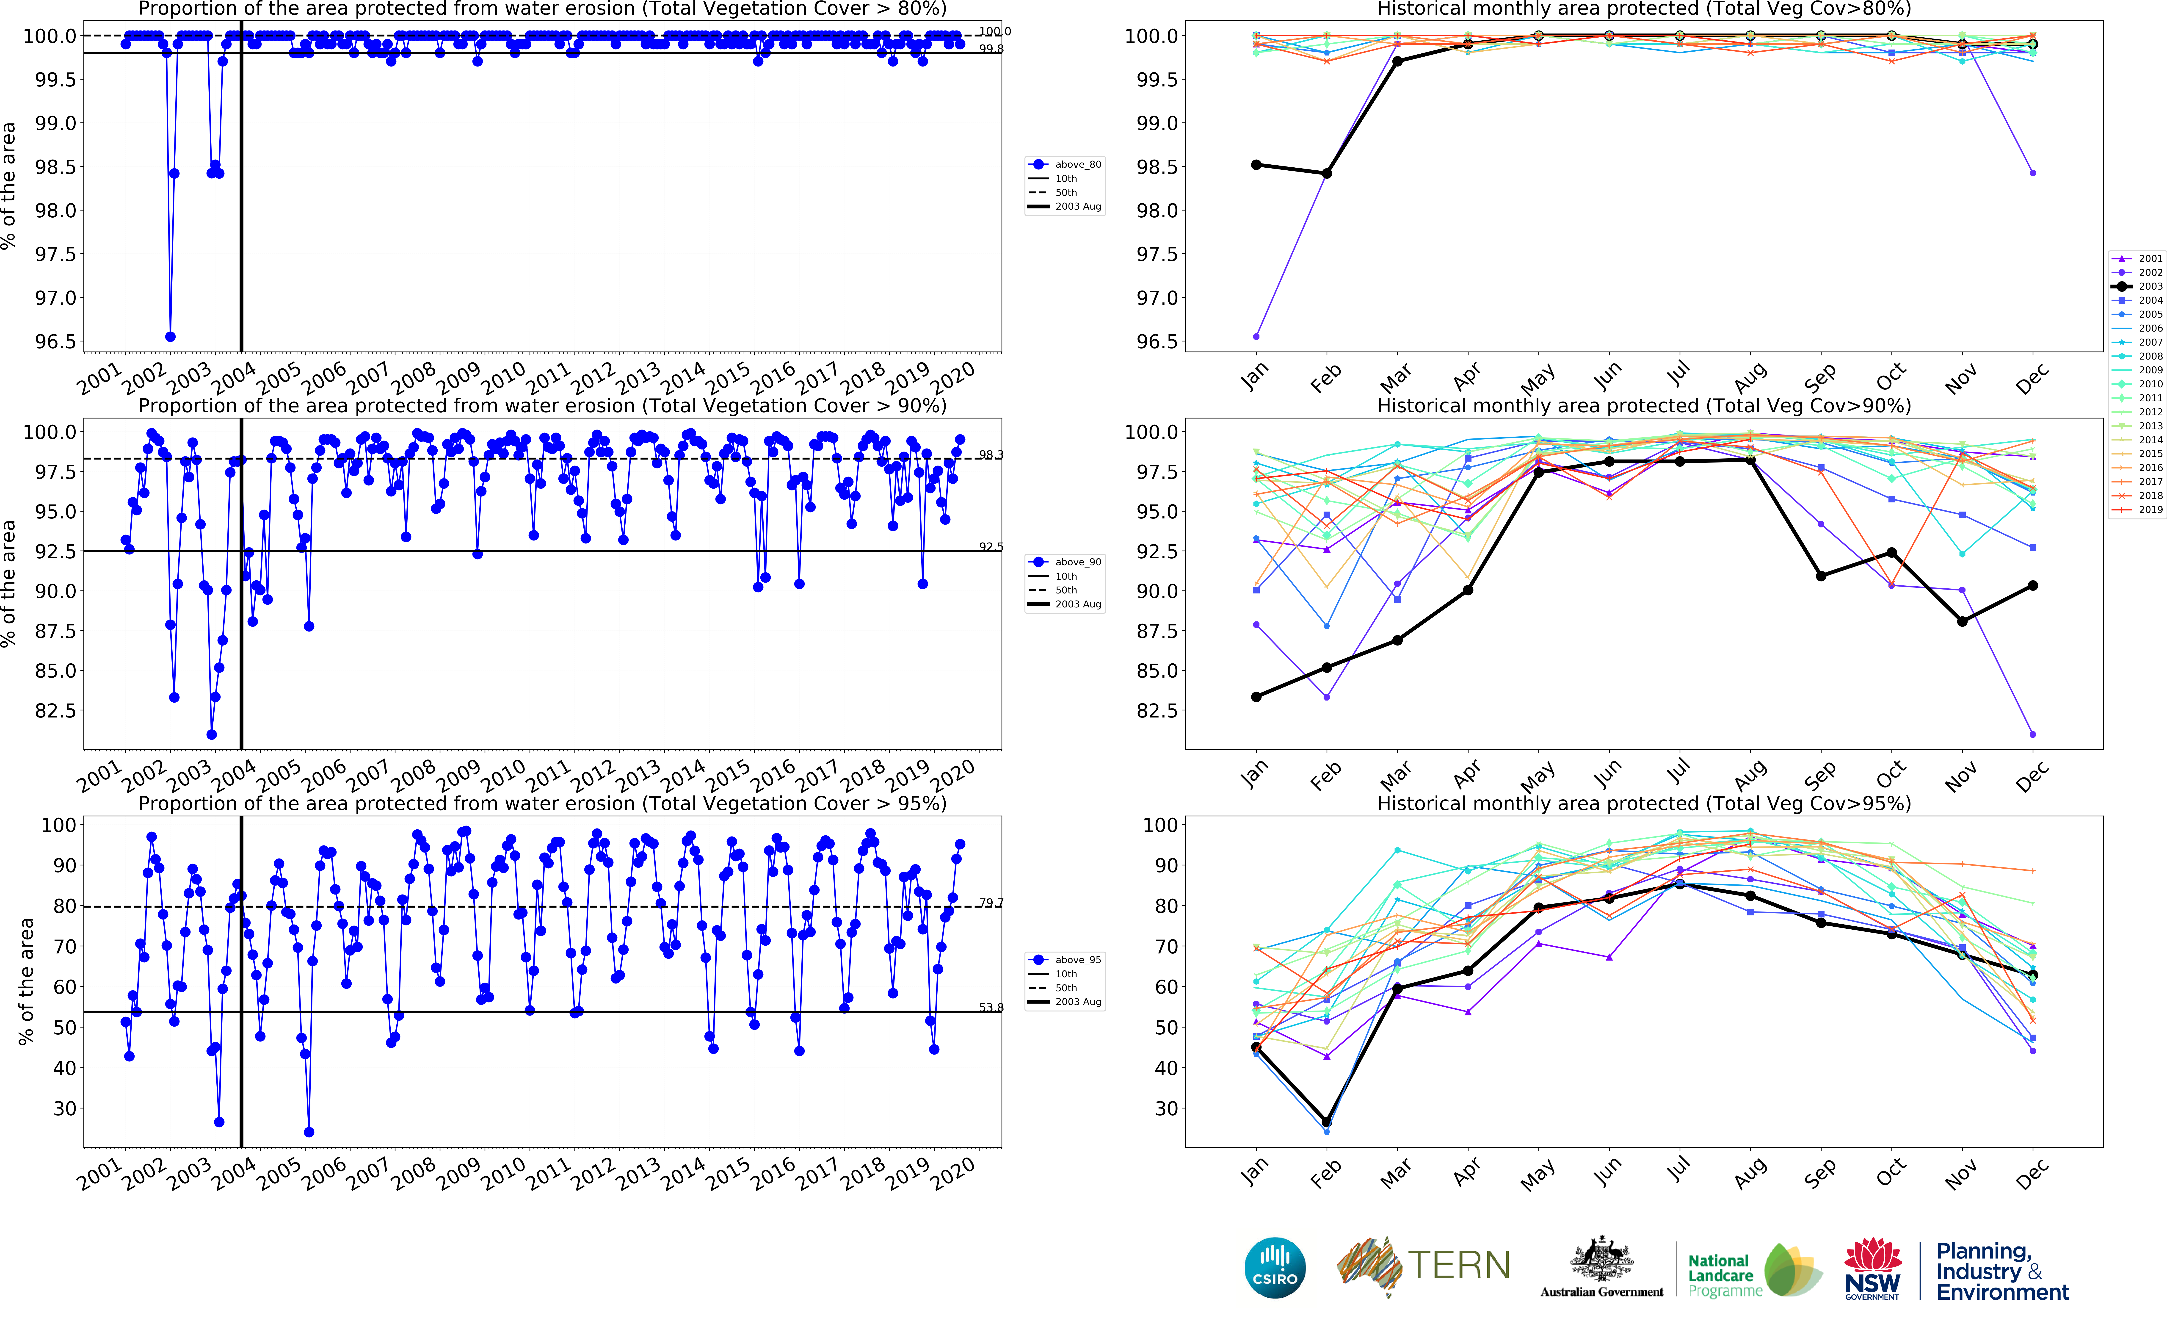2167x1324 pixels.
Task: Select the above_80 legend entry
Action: (1065, 164)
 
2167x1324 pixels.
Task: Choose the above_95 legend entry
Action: (1065, 960)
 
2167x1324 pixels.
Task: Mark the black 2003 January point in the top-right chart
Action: (1256, 164)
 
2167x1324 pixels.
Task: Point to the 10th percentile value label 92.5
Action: (990, 546)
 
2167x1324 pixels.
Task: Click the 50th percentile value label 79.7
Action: (990, 903)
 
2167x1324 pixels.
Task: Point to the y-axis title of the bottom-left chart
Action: (26, 981)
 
